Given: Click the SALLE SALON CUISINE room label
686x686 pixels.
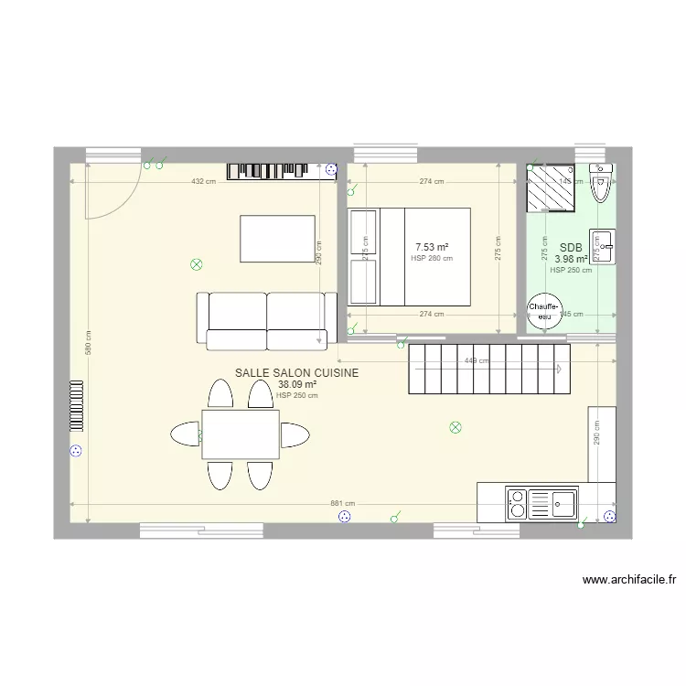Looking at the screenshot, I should (296, 373).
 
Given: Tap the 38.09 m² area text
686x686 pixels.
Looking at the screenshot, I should (297, 385).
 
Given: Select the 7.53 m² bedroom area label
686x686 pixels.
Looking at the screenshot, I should (432, 247).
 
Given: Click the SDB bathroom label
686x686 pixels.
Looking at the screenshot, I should (571, 247).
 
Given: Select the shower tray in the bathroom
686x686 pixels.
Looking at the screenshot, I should (551, 188).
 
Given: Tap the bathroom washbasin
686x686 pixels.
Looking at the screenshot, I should (602, 246).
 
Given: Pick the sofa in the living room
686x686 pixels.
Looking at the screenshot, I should (266, 320).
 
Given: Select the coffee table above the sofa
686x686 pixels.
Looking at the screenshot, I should (278, 238).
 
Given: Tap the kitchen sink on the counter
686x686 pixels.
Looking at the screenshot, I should (562, 501).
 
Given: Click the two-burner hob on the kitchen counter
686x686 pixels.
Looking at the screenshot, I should (517, 502).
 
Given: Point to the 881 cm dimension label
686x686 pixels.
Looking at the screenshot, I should (343, 504).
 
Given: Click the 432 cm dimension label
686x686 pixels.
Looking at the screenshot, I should (203, 181).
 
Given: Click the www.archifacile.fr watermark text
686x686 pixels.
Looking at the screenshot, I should (628, 580).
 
